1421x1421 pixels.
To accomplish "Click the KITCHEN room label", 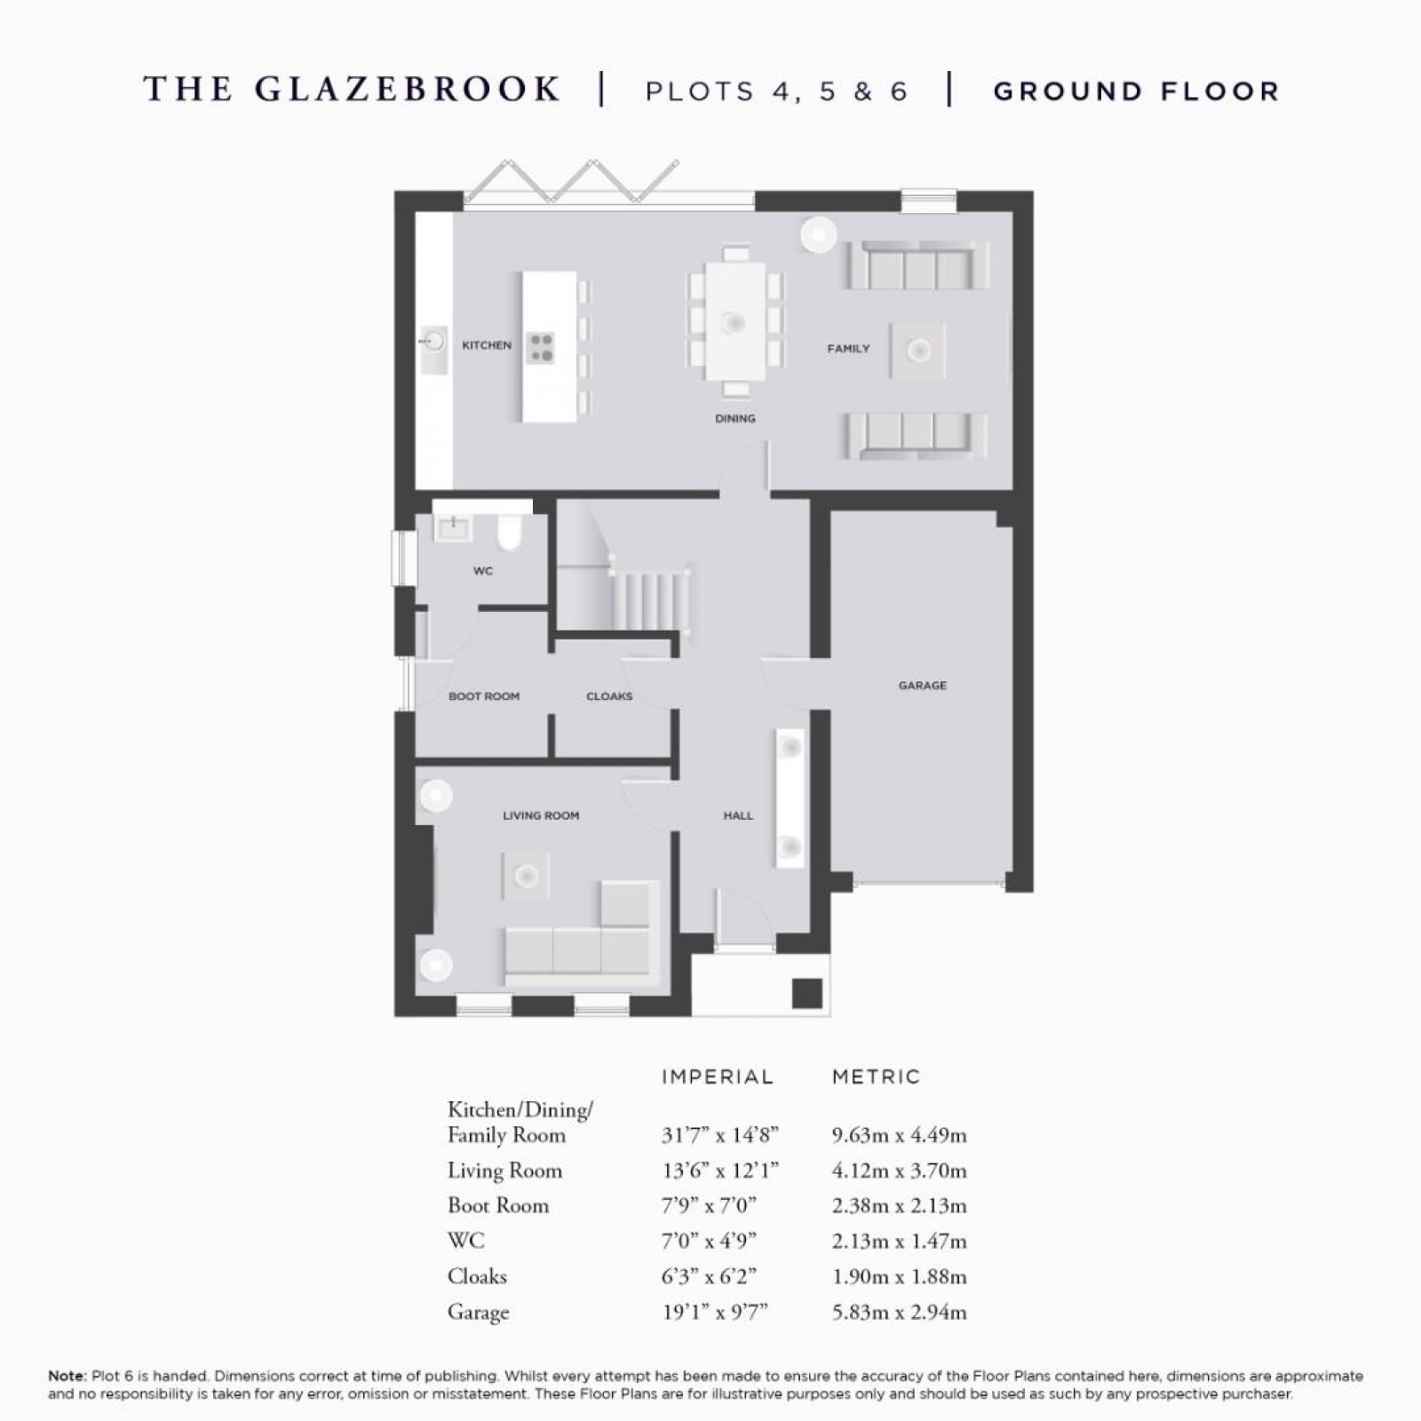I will (486, 345).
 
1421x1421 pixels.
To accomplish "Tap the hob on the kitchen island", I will (540, 346).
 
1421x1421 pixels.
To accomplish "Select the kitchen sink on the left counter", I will (434, 339).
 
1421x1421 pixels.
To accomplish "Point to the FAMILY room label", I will (848, 349).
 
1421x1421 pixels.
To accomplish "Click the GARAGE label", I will (922, 686).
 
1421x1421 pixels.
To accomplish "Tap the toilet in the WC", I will (510, 533).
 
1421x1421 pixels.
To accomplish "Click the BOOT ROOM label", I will (483, 696).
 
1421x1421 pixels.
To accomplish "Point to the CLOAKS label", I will (609, 696).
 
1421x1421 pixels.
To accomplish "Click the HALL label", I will (738, 815).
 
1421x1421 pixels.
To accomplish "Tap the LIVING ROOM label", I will (540, 815).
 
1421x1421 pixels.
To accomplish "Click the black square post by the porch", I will (806, 992).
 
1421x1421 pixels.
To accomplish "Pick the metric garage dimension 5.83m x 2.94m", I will (899, 1312).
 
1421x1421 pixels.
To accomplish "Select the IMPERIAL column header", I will (718, 1077).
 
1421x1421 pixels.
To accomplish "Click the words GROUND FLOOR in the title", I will (1136, 91).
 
